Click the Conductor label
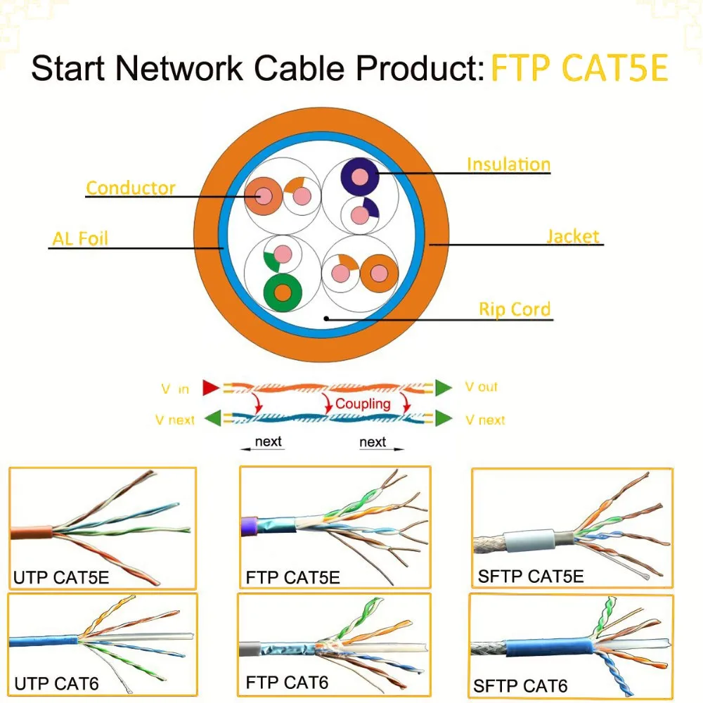point(131,188)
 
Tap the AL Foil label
point(80,238)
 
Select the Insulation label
point(508,165)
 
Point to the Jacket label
point(573,236)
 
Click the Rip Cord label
point(515,309)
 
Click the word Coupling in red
point(363,404)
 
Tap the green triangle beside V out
point(443,387)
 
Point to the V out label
point(482,387)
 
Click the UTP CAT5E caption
point(61,579)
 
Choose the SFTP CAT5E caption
point(531,576)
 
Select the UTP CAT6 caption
point(56,683)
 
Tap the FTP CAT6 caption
point(287,682)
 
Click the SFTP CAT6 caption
point(520,685)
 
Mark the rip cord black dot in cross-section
point(327,318)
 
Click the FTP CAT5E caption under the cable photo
point(293,578)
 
